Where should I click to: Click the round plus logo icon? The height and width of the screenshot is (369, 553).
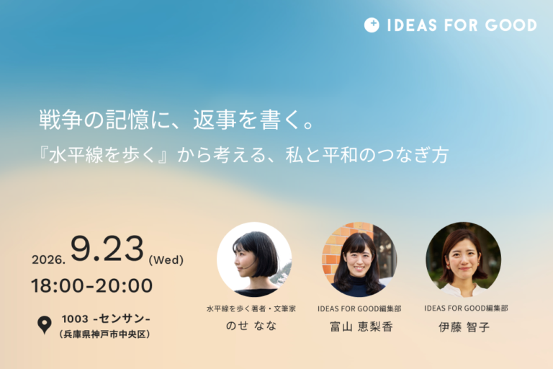(x=372, y=25)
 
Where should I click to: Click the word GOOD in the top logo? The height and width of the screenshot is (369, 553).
(x=511, y=25)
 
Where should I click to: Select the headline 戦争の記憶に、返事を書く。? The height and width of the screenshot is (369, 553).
(x=176, y=120)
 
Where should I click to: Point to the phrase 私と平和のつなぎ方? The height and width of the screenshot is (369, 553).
(x=367, y=155)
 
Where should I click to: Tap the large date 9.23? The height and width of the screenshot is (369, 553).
(x=107, y=249)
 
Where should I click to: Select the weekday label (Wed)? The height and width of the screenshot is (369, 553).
(x=166, y=260)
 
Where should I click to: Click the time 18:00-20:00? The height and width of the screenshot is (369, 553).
(x=91, y=285)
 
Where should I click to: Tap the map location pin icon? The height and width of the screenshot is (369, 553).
(x=45, y=324)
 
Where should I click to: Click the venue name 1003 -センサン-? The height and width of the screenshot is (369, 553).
(x=106, y=319)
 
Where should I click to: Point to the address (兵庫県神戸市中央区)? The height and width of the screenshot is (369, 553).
(x=104, y=334)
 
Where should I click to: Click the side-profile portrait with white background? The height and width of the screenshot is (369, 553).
(x=254, y=259)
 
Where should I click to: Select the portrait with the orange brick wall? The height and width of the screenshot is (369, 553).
(x=359, y=259)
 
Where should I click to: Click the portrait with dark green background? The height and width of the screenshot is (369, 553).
(x=464, y=259)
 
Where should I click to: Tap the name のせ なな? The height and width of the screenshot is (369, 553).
(x=251, y=326)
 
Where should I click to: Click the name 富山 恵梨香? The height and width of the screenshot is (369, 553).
(x=361, y=326)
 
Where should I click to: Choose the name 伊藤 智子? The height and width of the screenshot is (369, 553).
(x=464, y=327)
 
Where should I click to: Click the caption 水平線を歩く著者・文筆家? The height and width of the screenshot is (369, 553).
(x=251, y=308)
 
